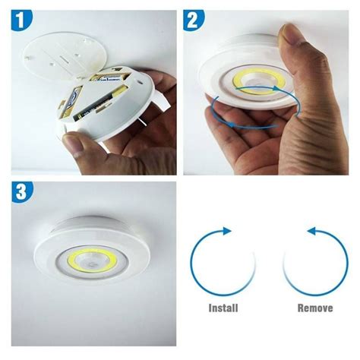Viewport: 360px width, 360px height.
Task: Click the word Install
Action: pos(223,308)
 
